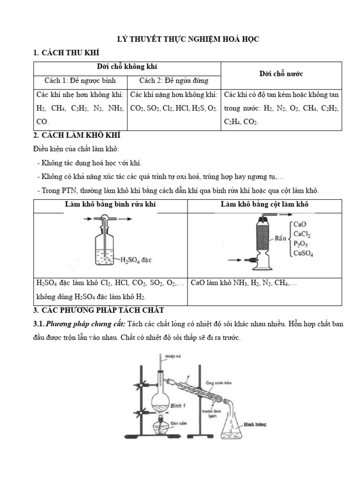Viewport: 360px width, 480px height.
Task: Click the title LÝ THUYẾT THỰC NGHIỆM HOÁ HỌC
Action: (187, 40)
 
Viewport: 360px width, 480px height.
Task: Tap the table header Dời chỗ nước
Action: (281, 74)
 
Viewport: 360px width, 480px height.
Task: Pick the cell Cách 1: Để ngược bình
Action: (80, 80)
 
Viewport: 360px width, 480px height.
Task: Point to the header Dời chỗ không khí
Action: (127, 67)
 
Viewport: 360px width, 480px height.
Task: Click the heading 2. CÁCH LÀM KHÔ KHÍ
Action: (77, 135)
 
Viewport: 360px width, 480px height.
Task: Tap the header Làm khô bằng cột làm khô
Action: (264, 204)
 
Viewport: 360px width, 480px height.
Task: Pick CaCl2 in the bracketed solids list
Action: (302, 234)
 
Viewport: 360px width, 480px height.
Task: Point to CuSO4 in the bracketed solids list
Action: (303, 254)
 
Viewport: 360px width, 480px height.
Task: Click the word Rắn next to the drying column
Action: (281, 238)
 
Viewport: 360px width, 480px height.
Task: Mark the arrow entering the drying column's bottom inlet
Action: (237, 260)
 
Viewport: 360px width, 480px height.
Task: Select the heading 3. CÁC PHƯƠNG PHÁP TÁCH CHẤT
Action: (98, 310)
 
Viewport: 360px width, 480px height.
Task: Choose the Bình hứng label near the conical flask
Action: (255, 424)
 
